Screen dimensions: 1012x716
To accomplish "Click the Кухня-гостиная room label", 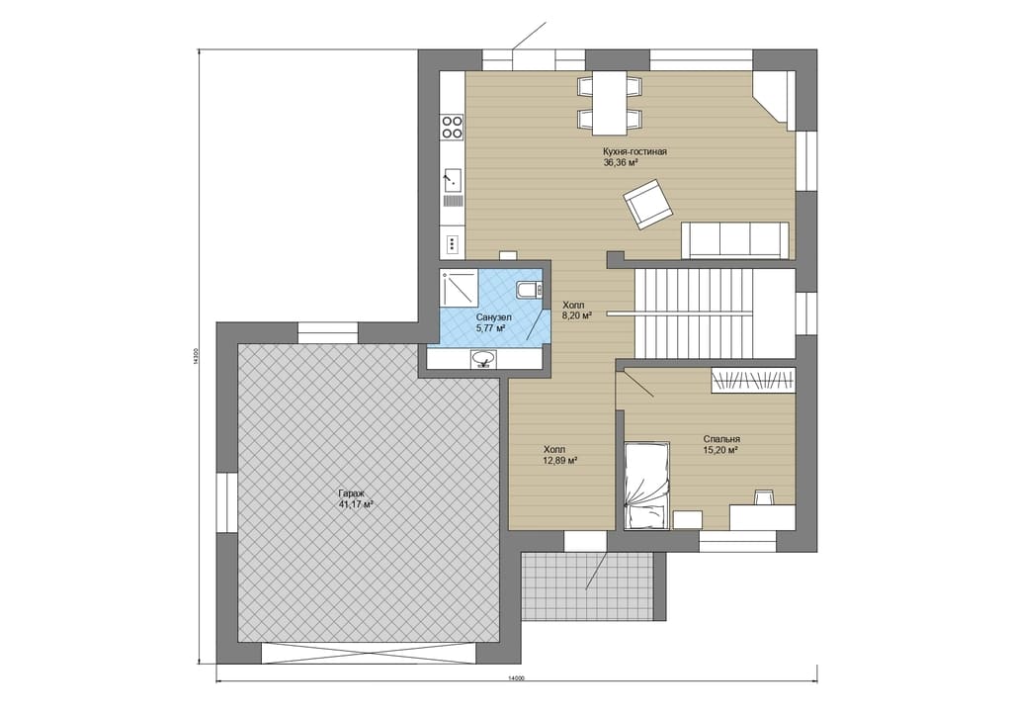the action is click(634, 151).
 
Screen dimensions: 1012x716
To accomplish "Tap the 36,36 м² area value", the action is click(621, 163).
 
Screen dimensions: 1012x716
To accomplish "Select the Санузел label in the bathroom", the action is click(494, 317).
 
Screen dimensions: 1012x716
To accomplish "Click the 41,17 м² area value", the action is click(356, 505).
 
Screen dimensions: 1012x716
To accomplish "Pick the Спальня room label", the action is click(721, 438).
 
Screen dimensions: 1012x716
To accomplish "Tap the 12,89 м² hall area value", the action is click(559, 460).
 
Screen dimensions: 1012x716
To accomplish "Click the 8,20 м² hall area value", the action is click(577, 315).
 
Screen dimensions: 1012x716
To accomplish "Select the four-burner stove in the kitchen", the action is click(452, 127).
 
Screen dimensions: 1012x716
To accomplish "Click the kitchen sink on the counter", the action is click(452, 179).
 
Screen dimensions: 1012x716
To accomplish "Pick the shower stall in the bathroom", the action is click(459, 288).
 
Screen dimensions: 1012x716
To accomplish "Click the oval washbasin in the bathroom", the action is click(483, 358).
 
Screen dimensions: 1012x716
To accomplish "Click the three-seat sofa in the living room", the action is click(735, 239).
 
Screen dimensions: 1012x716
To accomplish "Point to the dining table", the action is click(610, 102).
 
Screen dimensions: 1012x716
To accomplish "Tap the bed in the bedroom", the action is click(646, 485).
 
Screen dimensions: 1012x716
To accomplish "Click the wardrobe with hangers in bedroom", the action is click(752, 380).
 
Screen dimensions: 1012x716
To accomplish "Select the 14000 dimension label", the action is click(515, 677).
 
